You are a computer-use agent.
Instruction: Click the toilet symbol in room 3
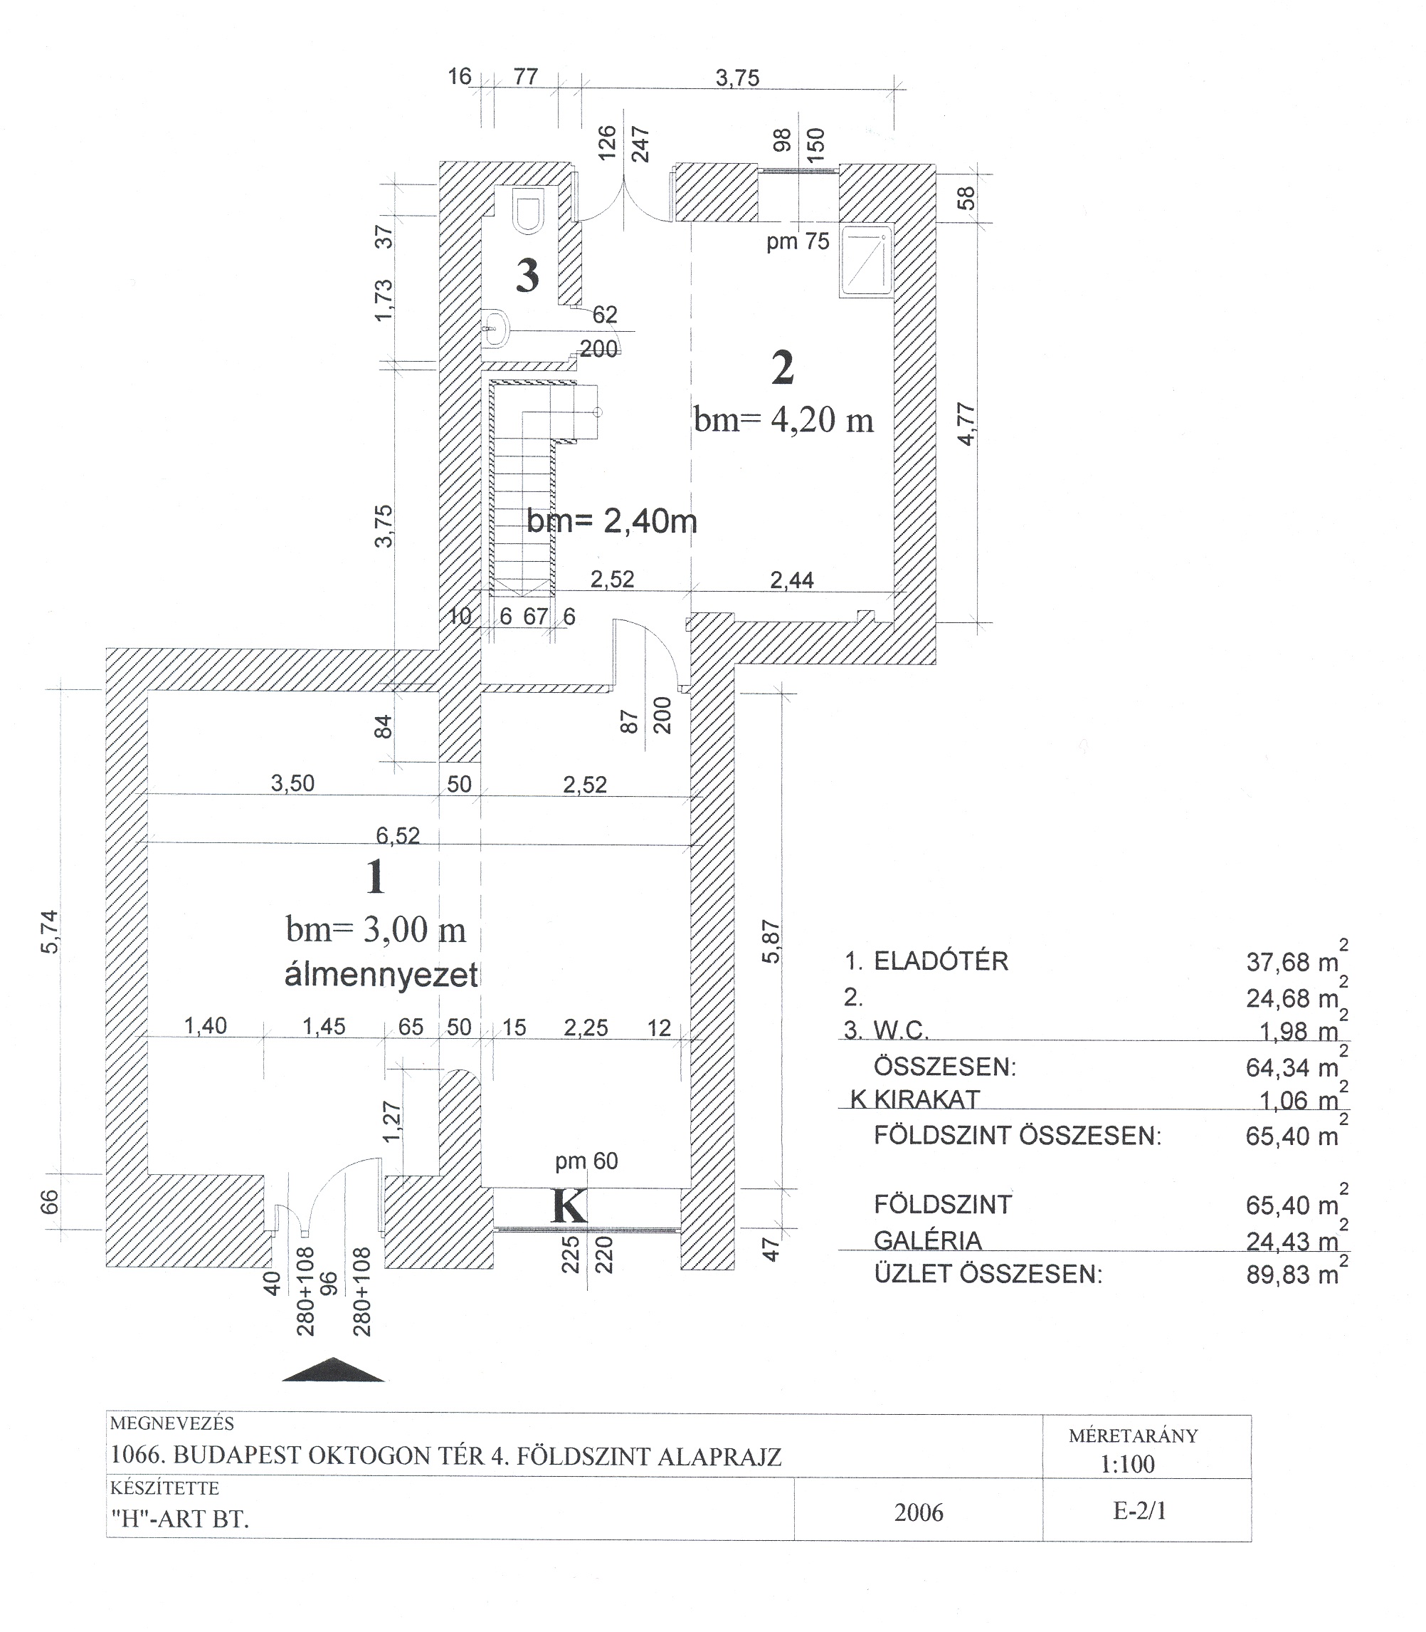tap(527, 210)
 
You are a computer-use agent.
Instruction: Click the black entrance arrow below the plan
tap(334, 1369)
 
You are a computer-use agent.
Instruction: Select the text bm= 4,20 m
tap(784, 419)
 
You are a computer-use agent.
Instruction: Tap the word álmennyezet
tap(381, 976)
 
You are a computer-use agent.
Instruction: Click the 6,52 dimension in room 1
tap(398, 835)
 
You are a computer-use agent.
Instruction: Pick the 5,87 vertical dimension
tap(772, 942)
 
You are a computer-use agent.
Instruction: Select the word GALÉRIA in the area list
tap(928, 1240)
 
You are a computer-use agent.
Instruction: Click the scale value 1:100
tap(1128, 1464)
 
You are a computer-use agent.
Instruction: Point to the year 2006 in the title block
tap(919, 1512)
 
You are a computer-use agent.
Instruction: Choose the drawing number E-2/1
tap(1139, 1511)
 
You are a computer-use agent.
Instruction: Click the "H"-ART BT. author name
tap(179, 1519)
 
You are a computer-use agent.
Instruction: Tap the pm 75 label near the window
tap(798, 241)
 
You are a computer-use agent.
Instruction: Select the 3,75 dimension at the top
tap(738, 78)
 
